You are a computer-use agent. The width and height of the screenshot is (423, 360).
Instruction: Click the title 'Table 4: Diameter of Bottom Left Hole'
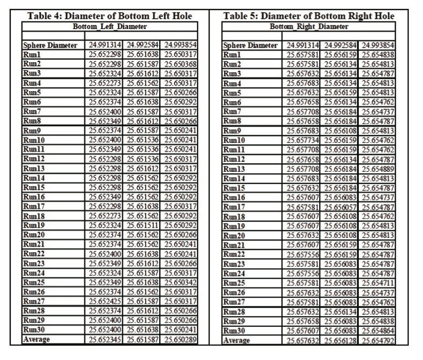pyautogui.click(x=107, y=16)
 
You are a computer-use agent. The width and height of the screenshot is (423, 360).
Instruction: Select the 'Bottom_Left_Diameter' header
pyautogui.click(x=107, y=26)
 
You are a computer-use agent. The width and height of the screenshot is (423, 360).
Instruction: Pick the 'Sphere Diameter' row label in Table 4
pyautogui.click(x=47, y=45)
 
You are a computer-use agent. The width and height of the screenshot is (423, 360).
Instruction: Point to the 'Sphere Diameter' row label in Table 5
pyautogui.click(x=250, y=45)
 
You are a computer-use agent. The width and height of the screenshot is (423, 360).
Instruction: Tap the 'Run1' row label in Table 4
pyautogui.click(x=32, y=54)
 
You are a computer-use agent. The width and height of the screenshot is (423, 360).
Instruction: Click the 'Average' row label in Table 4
pyautogui.click(x=36, y=340)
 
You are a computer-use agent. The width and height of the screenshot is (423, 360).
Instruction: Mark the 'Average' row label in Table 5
pyautogui.click(x=237, y=340)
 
